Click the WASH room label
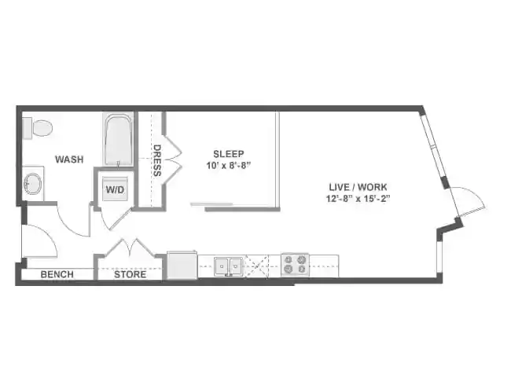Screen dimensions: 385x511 (69, 159)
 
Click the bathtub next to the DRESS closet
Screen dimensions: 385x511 (118, 141)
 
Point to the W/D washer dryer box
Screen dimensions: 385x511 (115, 189)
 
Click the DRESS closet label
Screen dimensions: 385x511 (157, 160)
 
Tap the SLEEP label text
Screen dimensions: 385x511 (228, 153)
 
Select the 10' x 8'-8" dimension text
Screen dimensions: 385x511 (228, 165)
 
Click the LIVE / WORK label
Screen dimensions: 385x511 (358, 187)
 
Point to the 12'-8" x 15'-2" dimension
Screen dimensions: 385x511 (358, 198)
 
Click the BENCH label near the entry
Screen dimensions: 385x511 (57, 274)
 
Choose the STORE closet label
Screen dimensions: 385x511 (130, 274)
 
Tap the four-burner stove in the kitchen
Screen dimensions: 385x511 (295, 265)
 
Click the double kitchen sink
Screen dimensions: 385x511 (229, 266)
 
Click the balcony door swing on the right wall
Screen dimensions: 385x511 (469, 203)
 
